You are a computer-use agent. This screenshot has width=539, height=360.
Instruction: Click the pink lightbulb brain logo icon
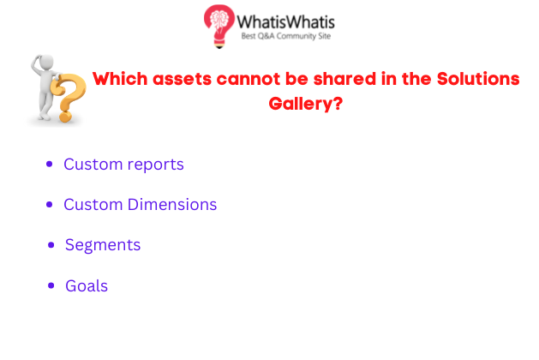[219, 26]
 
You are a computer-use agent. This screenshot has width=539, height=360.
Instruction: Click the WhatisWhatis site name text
[285, 22]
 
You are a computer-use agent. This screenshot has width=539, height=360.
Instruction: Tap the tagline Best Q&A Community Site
[285, 36]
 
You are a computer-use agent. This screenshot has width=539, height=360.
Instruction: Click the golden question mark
[68, 98]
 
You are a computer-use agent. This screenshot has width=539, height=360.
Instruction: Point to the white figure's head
[45, 63]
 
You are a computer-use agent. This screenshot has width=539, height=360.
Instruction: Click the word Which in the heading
[120, 79]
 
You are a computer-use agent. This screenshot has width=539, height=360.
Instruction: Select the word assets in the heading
[183, 80]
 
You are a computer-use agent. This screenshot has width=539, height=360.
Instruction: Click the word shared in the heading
[344, 79]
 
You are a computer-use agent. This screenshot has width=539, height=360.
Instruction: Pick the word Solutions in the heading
[478, 79]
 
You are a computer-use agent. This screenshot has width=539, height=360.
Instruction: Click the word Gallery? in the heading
[306, 104]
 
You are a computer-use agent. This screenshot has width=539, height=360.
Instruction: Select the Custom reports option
[123, 165]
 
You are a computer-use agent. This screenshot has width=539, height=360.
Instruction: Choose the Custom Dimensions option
[141, 205]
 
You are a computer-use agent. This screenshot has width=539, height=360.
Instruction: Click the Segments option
[103, 245]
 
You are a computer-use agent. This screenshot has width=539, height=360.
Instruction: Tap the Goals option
[87, 285]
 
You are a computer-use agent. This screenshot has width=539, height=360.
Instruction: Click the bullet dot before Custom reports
[50, 164]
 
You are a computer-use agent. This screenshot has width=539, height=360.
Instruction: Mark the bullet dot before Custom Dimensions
[50, 205]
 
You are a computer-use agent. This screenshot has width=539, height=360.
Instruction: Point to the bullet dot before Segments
[51, 245]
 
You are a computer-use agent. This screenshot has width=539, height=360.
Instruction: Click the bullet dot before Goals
[51, 285]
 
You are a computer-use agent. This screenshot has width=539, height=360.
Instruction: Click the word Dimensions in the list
[172, 205]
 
